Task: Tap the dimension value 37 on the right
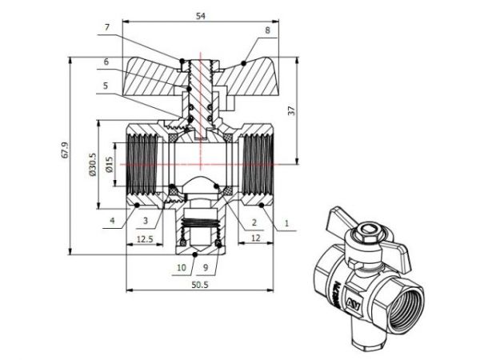[315, 110]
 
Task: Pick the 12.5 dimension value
[145, 239]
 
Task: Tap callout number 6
[106, 62]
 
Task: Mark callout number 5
[106, 85]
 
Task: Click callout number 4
[113, 220]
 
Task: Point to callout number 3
[146, 220]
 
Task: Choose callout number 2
[254, 222]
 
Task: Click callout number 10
[181, 266]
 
